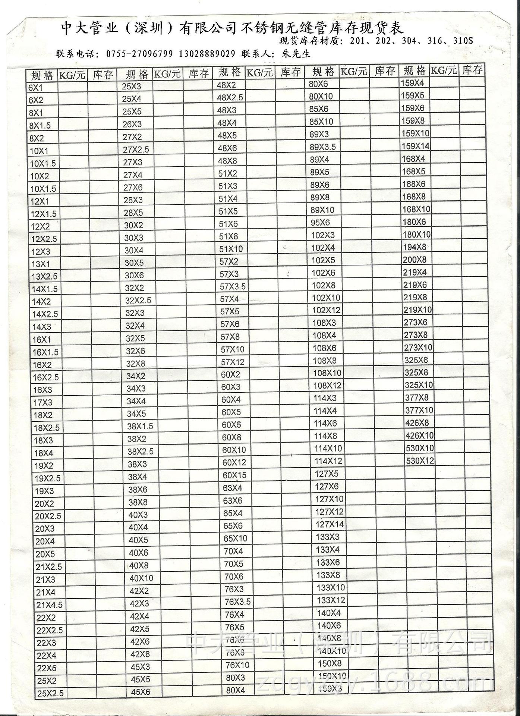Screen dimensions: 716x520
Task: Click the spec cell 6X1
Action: pos(35,88)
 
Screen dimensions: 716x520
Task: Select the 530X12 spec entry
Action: pos(420,461)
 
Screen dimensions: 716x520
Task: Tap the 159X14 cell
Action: pos(415,146)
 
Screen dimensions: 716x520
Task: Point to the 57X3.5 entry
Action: pos(232,286)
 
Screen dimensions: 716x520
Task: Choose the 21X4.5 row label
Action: pos(49,605)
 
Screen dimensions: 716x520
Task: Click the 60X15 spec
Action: pos(234,475)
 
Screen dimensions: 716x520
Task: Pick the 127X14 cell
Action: pos(330,524)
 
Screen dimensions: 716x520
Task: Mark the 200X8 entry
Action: pos(415,260)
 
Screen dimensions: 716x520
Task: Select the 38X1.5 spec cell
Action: pos(140,426)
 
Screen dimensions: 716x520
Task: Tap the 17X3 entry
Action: pos(43,403)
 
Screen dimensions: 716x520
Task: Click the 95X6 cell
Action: pos(320,223)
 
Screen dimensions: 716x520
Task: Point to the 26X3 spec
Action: pos(132,124)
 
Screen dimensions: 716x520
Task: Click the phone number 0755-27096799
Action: pos(139,54)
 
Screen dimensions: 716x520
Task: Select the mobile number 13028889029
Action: pos(207,54)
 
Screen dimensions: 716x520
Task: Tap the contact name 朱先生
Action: pos(296,54)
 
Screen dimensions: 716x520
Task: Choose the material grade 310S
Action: pos(463,41)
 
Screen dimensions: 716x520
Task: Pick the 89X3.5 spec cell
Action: pos(323,147)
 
